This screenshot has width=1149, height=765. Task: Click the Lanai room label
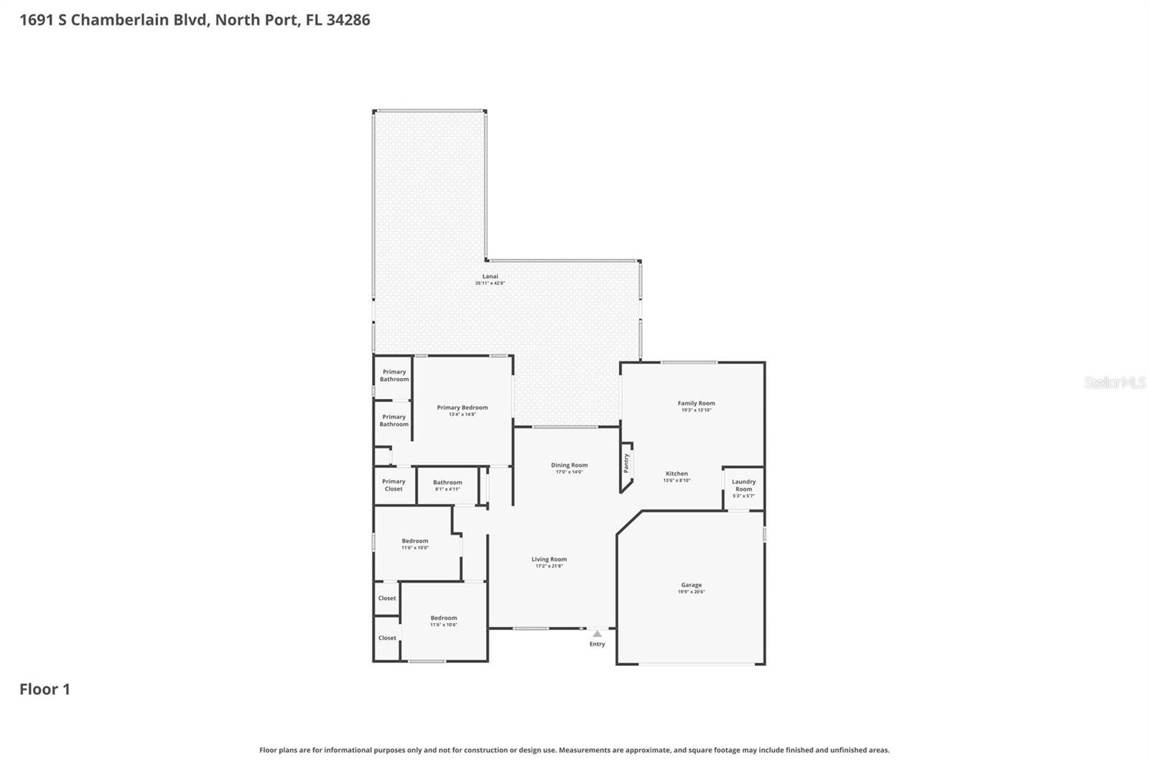pyautogui.click(x=490, y=276)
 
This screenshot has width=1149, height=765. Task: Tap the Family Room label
pyautogui.click(x=696, y=403)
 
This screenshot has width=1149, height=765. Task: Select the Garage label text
pyautogui.click(x=691, y=585)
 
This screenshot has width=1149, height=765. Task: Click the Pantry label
pyautogui.click(x=626, y=463)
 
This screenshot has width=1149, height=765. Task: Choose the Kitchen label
pyautogui.click(x=676, y=474)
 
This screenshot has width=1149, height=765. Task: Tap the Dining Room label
pyautogui.click(x=569, y=465)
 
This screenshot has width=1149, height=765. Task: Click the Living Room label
pyautogui.click(x=549, y=559)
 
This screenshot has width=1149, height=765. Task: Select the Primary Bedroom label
pyautogui.click(x=462, y=408)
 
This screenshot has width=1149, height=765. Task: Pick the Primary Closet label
pyautogui.click(x=394, y=485)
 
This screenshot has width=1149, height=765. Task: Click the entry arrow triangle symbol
pyautogui.click(x=597, y=634)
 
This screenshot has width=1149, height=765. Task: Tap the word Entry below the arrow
pyautogui.click(x=597, y=644)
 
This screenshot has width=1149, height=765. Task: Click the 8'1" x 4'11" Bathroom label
pyautogui.click(x=447, y=483)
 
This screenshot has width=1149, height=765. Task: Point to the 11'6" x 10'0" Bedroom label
pyautogui.click(x=414, y=541)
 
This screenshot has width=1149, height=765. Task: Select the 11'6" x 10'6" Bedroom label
pyautogui.click(x=443, y=618)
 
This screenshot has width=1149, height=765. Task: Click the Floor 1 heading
pyautogui.click(x=45, y=689)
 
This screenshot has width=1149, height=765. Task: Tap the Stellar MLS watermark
pyautogui.click(x=1115, y=382)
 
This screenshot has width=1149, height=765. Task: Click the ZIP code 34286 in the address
pyautogui.click(x=348, y=19)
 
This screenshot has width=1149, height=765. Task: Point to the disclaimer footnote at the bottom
pyautogui.click(x=574, y=750)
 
